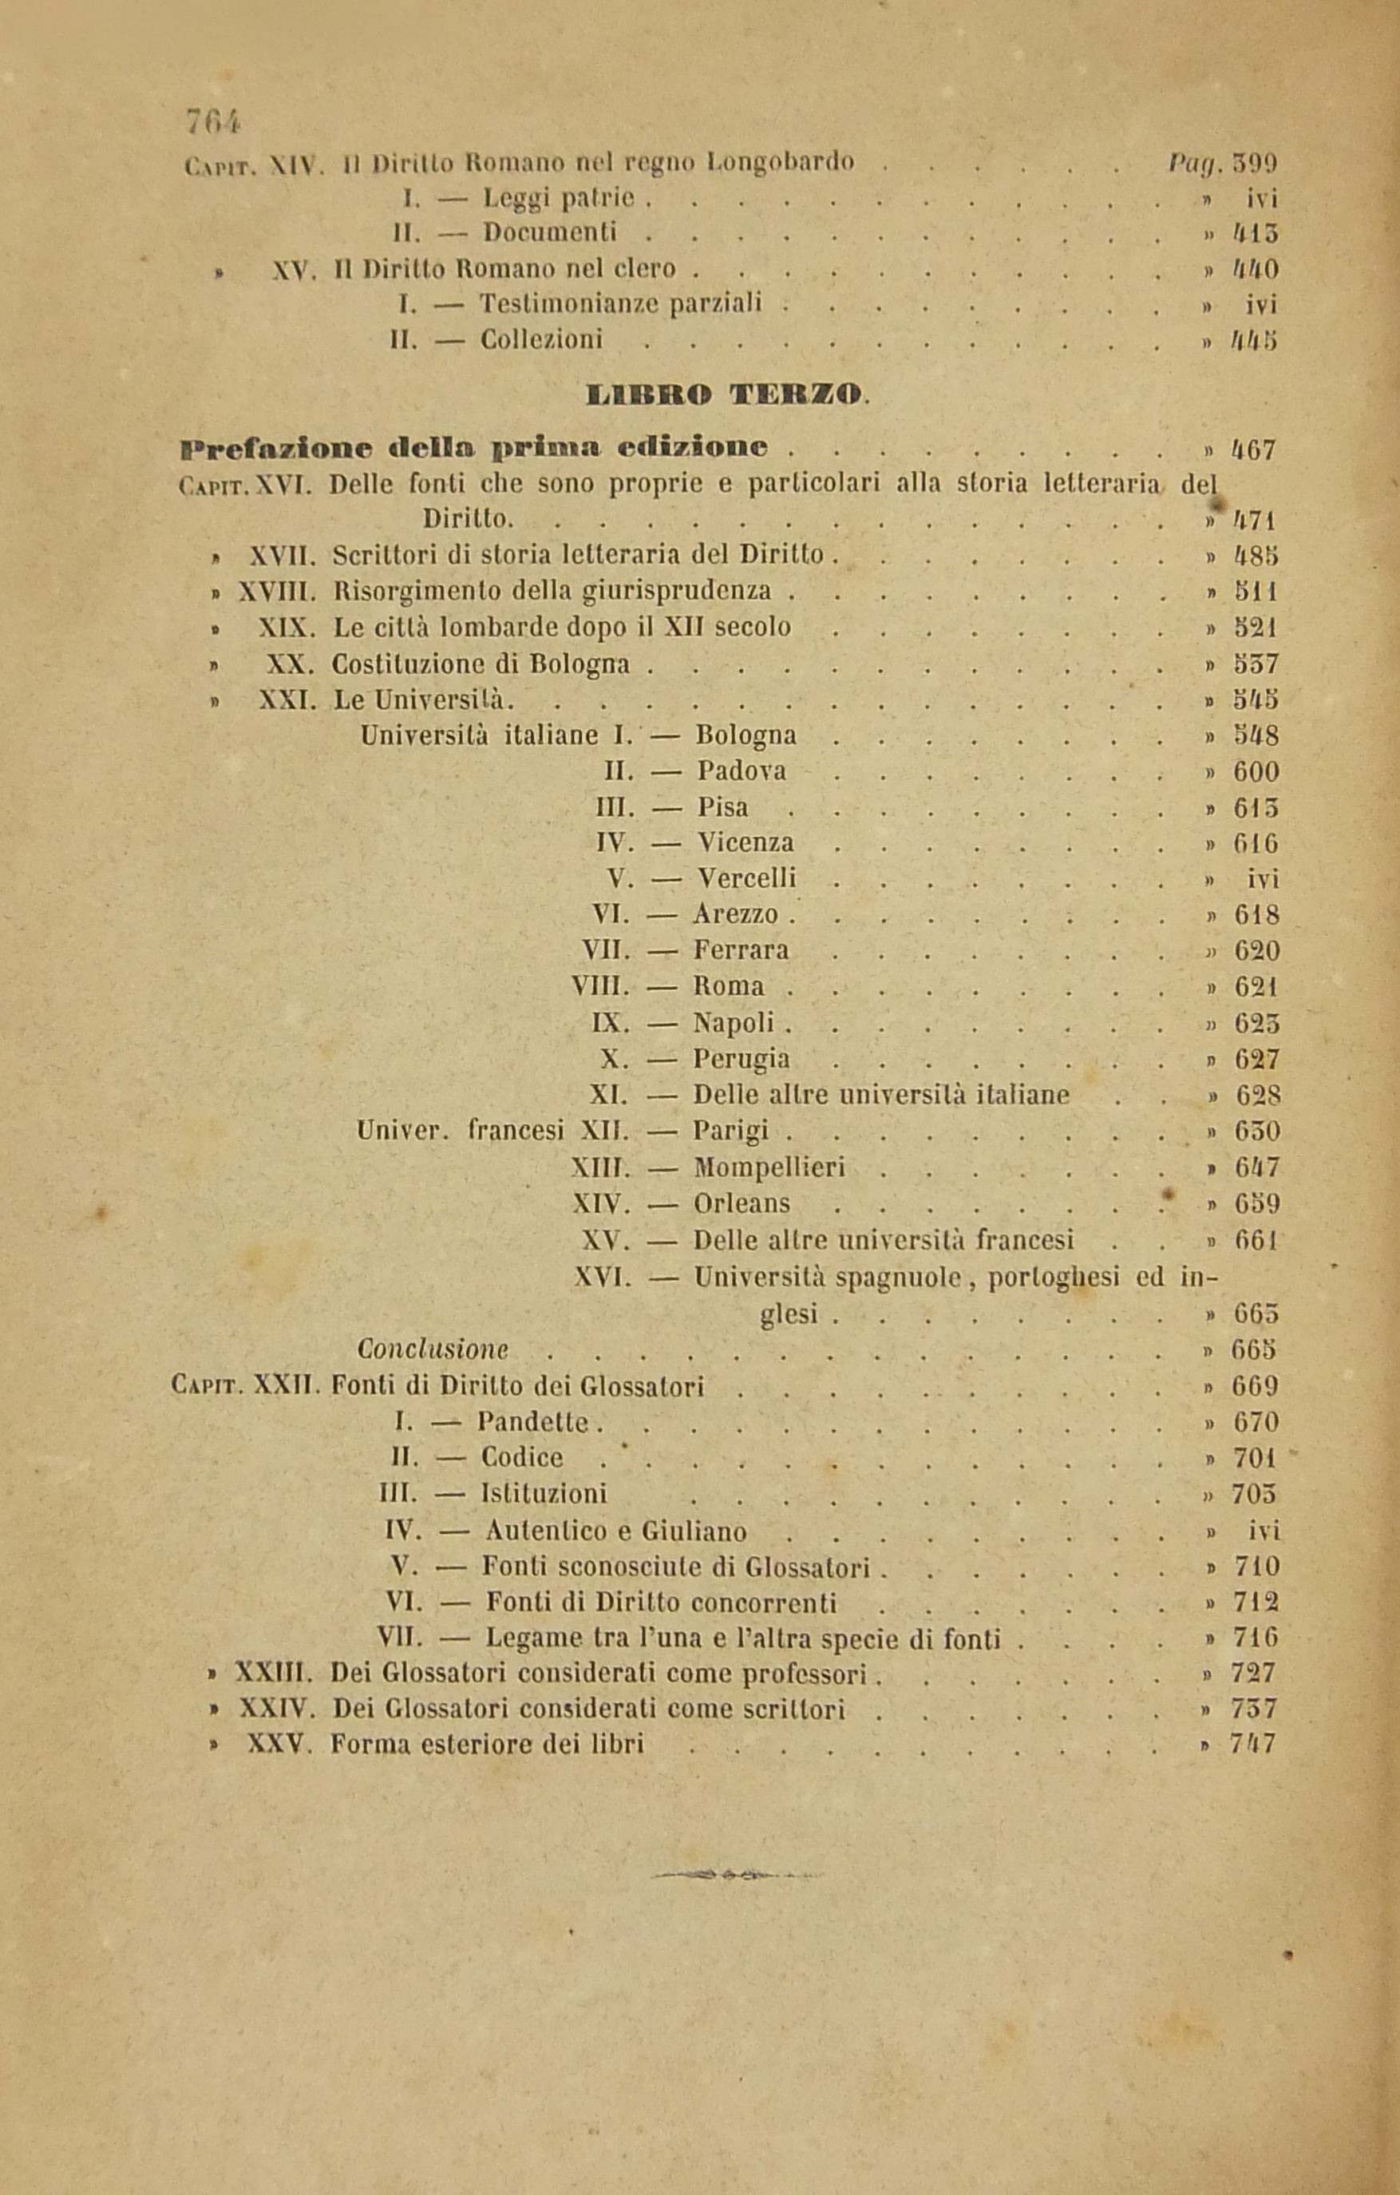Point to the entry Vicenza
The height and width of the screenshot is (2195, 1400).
[x=745, y=842]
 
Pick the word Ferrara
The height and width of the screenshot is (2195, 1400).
[x=741, y=951]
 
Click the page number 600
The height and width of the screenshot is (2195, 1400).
[x=1256, y=772]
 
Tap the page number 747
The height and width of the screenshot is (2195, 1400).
[x=1254, y=1745]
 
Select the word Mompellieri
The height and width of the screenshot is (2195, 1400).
[x=769, y=1167]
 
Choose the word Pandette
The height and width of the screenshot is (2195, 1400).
[x=534, y=1422]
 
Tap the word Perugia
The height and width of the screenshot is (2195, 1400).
[x=741, y=1060]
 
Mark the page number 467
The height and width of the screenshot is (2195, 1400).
[x=1254, y=450]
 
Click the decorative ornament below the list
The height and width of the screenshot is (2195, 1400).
[x=732, y=1876]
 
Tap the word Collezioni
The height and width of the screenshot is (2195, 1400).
[x=541, y=340]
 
